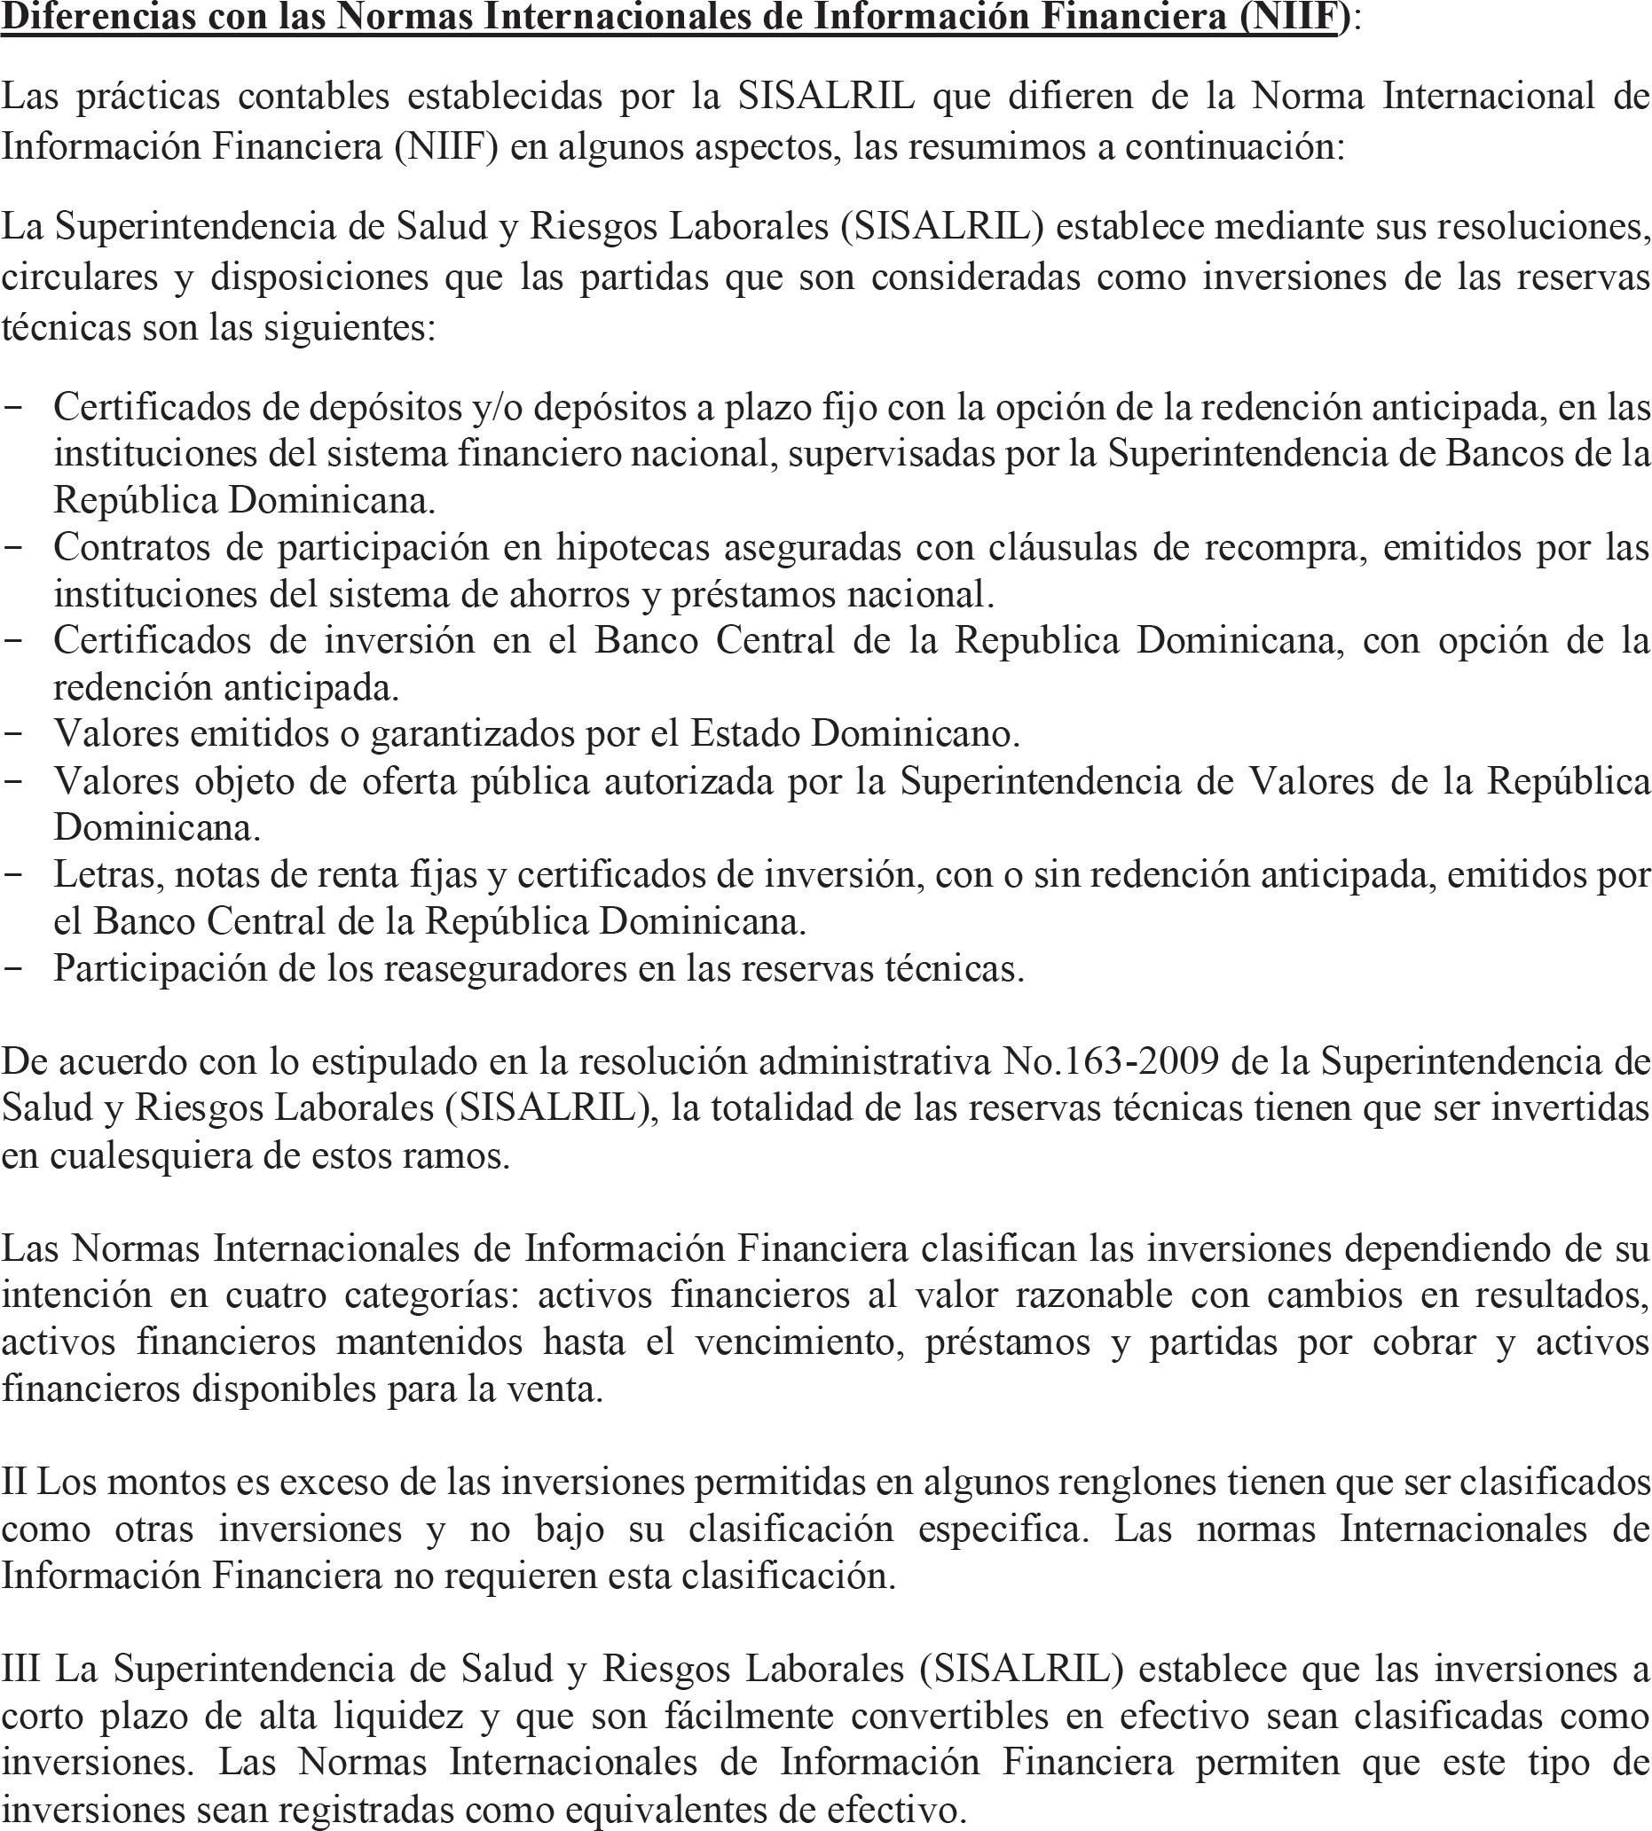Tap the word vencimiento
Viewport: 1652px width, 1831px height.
point(798,1342)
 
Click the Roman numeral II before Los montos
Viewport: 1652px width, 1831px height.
point(13,1483)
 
